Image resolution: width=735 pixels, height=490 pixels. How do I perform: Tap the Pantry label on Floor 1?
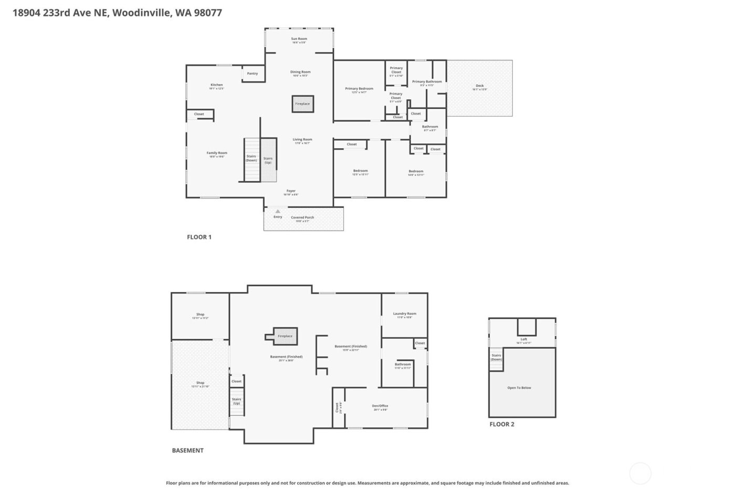(x=253, y=74)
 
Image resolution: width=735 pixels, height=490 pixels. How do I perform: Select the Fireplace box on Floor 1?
(x=302, y=104)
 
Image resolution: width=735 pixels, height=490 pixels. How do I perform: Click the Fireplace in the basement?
(x=285, y=336)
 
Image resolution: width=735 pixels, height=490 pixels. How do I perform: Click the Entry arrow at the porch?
(x=278, y=212)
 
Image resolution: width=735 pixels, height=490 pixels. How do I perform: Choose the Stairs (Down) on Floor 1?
(x=251, y=158)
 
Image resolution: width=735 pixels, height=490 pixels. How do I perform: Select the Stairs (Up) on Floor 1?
(x=268, y=160)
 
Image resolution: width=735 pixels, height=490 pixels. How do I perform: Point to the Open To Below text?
(x=519, y=388)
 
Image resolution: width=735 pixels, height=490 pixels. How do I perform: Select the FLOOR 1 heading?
(x=199, y=237)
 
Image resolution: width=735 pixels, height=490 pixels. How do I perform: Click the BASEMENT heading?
(x=187, y=450)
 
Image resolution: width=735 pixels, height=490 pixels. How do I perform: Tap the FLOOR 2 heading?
(x=502, y=424)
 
